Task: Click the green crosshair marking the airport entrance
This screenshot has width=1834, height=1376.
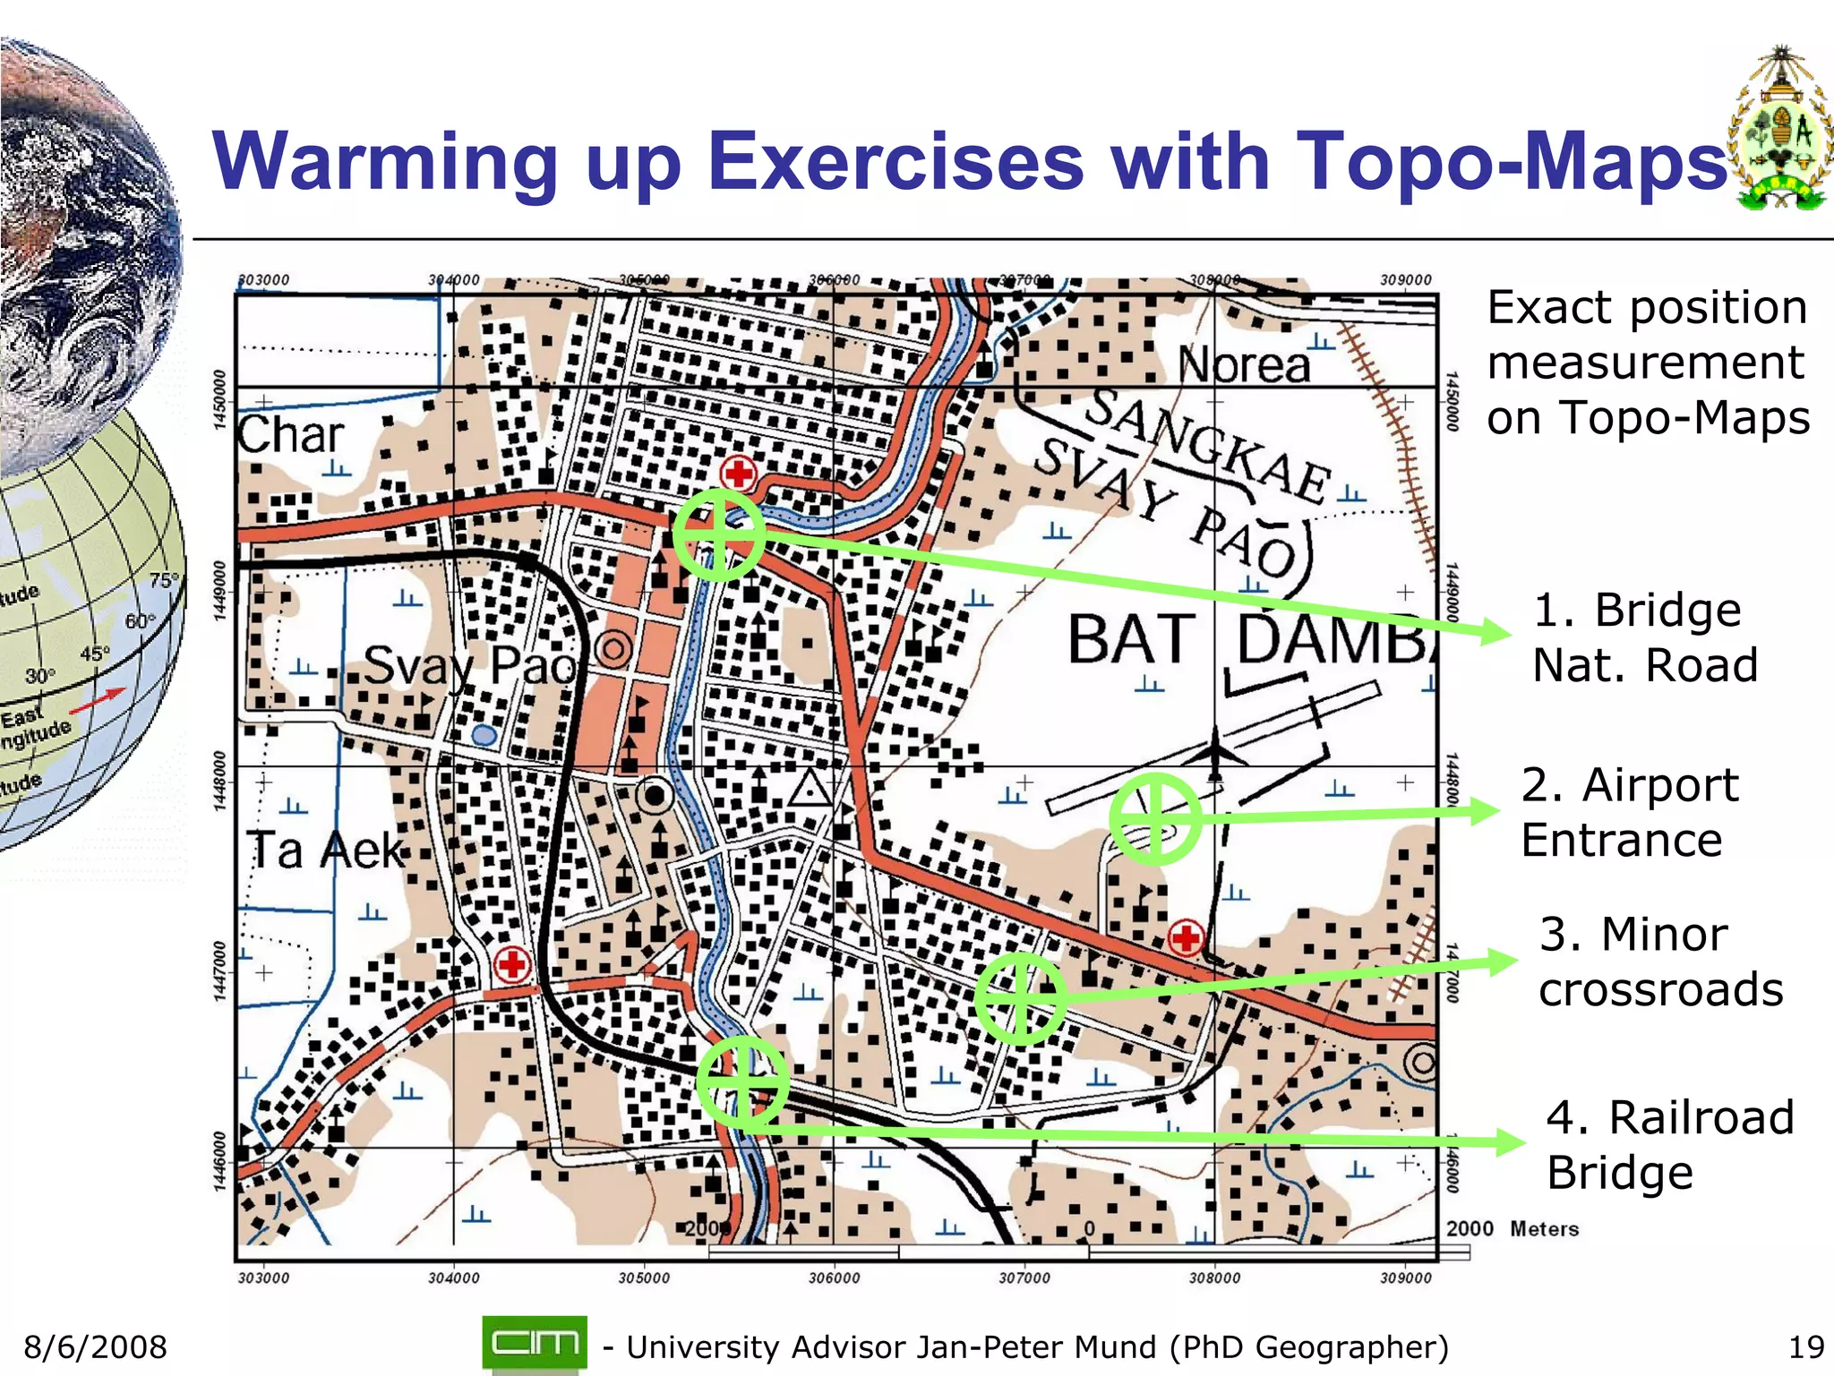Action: point(1154,818)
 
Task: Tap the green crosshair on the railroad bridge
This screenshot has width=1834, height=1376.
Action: point(742,1082)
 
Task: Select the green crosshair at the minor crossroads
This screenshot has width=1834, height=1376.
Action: point(1020,997)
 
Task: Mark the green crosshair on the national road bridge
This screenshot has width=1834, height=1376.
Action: point(718,534)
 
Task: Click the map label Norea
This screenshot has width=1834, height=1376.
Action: point(1244,364)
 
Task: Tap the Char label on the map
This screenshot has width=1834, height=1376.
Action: point(290,436)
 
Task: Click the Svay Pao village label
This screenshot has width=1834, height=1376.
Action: point(469,665)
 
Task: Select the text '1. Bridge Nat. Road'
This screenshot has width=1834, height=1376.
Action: point(1644,637)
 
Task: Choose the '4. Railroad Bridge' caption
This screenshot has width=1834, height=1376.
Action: point(1669,1145)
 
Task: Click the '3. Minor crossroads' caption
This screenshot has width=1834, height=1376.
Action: point(1660,961)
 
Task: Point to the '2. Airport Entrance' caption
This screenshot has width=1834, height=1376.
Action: point(1629,812)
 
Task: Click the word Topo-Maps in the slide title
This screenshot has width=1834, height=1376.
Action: point(1509,161)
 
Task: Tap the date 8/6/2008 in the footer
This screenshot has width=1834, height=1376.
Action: point(96,1347)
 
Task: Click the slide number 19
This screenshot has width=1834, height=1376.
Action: point(1805,1347)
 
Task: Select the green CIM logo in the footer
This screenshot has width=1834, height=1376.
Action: point(535,1343)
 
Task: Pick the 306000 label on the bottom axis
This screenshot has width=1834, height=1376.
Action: point(834,1278)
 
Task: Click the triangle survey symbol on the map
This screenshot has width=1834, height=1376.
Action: point(811,789)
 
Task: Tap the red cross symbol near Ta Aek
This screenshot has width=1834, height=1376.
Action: point(512,965)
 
